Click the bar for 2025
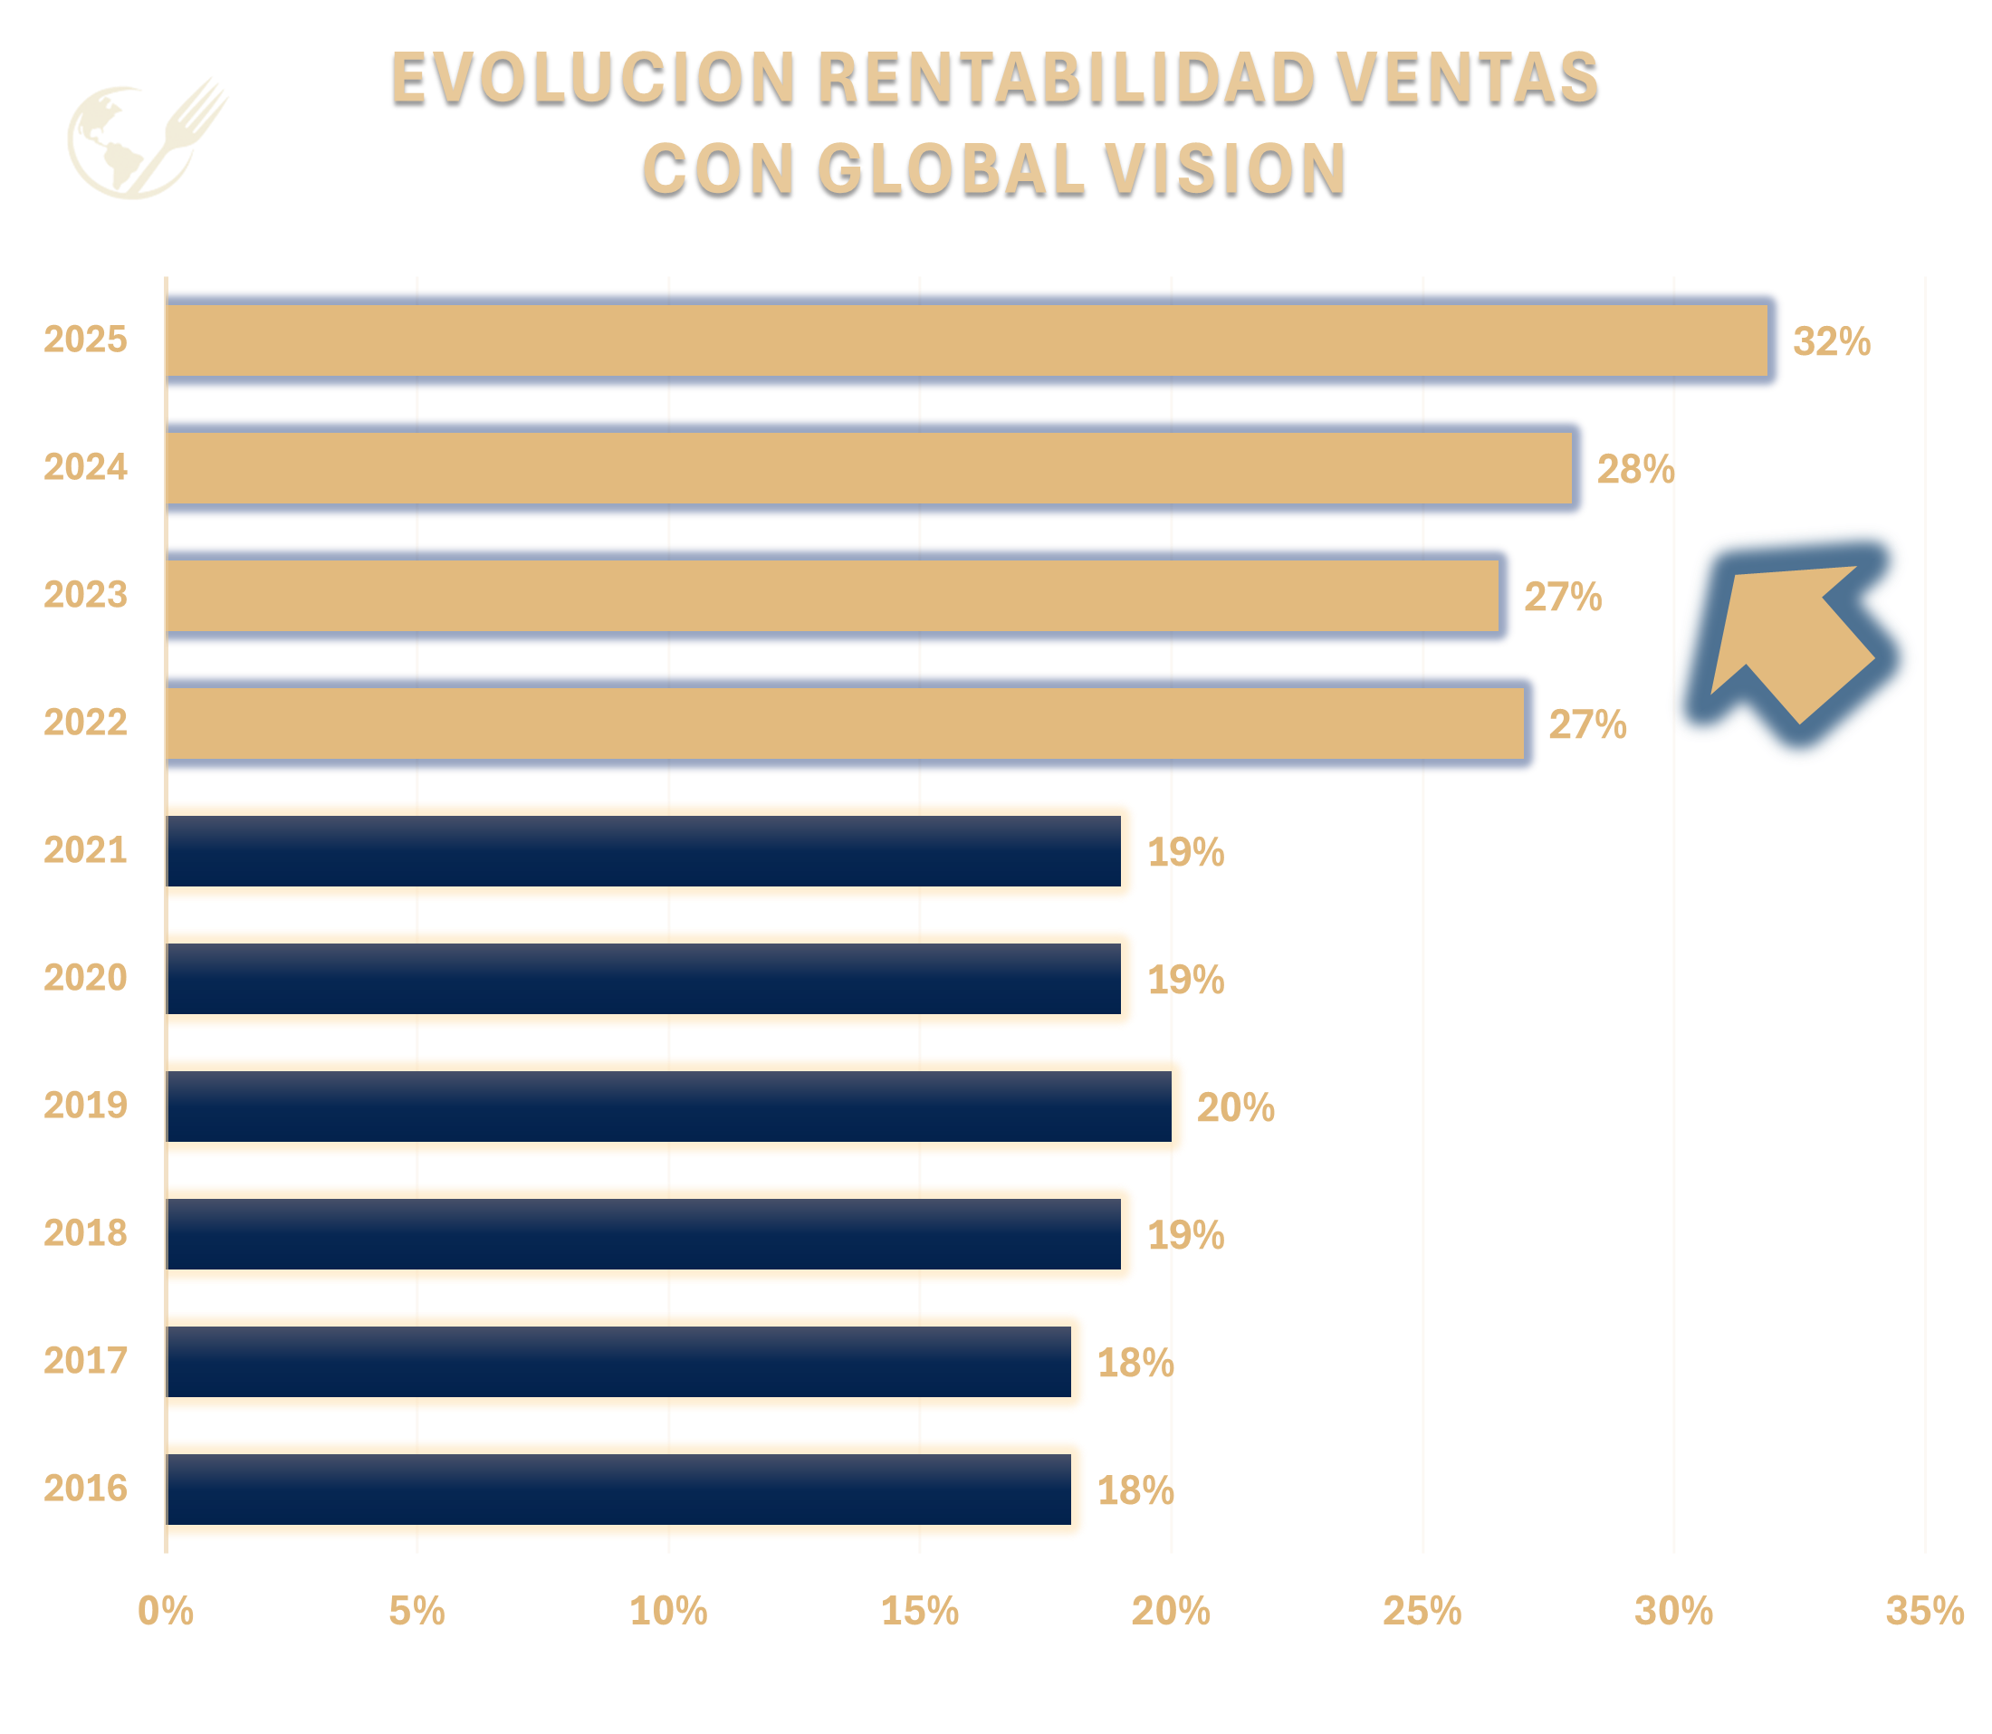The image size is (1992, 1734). (x=967, y=340)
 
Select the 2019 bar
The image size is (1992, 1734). (x=673, y=1106)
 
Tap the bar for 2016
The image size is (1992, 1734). (x=619, y=1490)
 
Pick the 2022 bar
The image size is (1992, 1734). (x=847, y=723)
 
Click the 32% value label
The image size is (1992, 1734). (x=1832, y=341)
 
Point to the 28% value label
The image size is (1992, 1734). (x=1635, y=469)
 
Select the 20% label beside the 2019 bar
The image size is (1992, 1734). (x=1235, y=1108)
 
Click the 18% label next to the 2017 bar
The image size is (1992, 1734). (x=1135, y=1364)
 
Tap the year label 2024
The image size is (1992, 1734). (x=85, y=467)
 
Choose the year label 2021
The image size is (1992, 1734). (x=85, y=850)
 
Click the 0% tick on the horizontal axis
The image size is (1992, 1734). (x=166, y=1611)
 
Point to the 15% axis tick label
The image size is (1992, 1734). (x=919, y=1611)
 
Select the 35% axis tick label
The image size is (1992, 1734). (x=1924, y=1611)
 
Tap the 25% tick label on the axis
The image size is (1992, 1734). (x=1422, y=1611)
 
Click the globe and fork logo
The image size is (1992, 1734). (x=145, y=139)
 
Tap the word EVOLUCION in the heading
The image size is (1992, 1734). (x=592, y=77)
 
